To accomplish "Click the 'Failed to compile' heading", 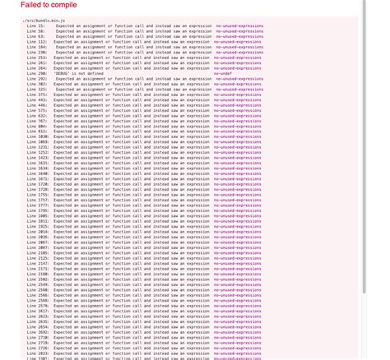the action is coord(49,6).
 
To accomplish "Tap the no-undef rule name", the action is coord(222,73).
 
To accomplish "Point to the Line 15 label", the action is coord(36,25).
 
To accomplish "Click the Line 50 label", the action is coord(36,31).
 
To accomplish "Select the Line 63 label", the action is coord(36,36).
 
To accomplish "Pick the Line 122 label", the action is coord(37,42).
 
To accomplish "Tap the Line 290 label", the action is coord(37,73).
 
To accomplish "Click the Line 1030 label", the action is coord(38,136).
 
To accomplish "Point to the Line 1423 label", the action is coord(38,158).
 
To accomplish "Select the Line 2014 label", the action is coord(38,232).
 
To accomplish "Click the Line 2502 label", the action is coord(38,279).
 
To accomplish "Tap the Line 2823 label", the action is coord(38,353).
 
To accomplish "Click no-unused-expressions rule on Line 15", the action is coord(239,25).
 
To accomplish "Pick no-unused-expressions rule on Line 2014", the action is coord(238,232).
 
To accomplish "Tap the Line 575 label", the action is coord(37,110).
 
